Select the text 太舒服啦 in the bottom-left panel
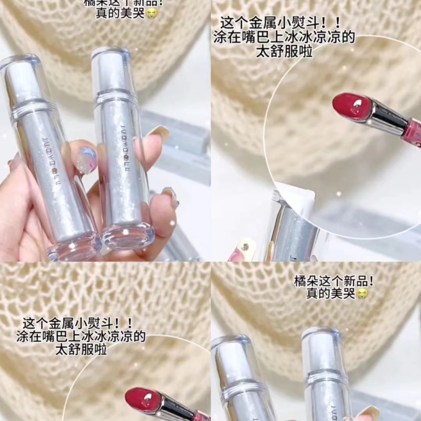pyautogui.click(x=82, y=349)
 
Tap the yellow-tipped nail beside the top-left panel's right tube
pyautogui.click(x=158, y=134)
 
